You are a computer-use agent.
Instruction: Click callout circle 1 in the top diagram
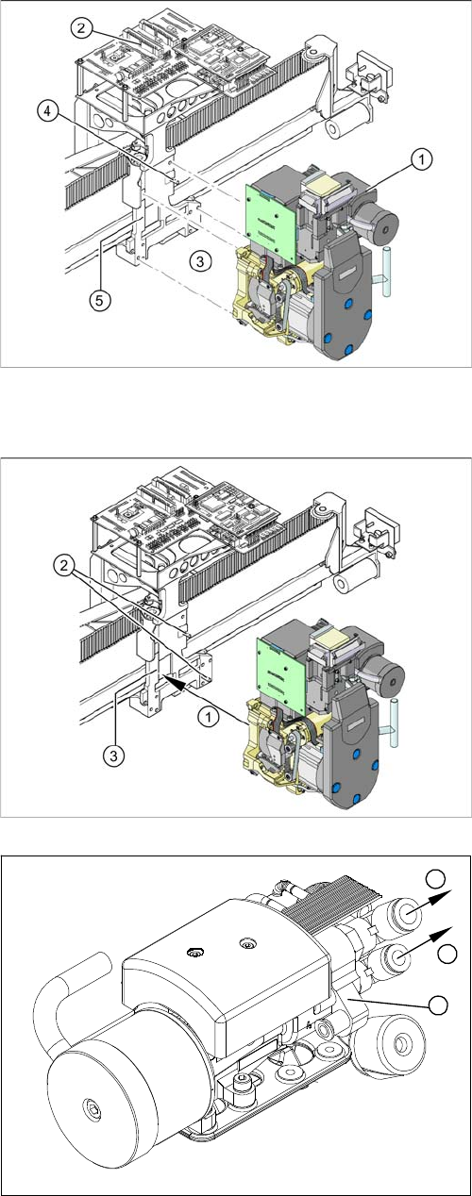tap(422, 159)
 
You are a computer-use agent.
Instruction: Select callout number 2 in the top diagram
tap(81, 27)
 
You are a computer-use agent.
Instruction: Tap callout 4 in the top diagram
tap(47, 111)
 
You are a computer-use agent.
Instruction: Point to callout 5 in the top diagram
tap(99, 301)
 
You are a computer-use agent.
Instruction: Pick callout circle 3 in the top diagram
tap(200, 261)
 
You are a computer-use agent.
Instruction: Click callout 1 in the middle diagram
tap(209, 717)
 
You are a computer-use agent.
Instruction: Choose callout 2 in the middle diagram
tap(64, 566)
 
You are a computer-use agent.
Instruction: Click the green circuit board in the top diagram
tap(271, 213)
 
